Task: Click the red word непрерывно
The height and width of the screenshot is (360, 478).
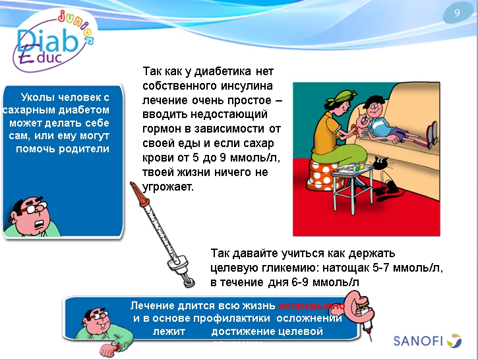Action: click(x=311, y=306)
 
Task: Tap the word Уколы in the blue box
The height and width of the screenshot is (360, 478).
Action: click(x=38, y=97)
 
